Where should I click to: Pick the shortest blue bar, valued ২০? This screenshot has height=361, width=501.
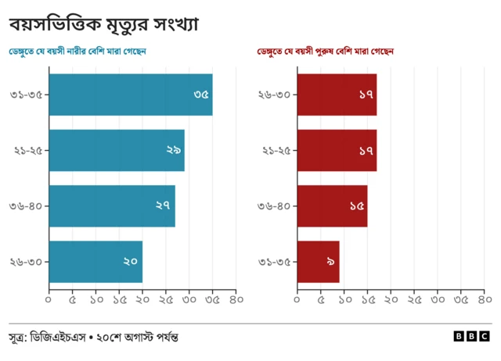click(x=95, y=262)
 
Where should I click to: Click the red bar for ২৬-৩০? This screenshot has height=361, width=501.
click(x=337, y=95)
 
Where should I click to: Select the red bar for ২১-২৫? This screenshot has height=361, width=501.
click(x=337, y=150)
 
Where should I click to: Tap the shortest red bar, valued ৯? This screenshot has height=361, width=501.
click(x=318, y=262)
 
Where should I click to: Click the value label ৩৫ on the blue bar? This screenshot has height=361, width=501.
click(x=201, y=95)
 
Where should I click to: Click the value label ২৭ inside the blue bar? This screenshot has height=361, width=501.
click(x=163, y=206)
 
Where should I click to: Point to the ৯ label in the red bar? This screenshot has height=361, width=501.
click(x=330, y=262)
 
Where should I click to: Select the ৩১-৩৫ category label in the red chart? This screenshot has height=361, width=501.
click(x=274, y=262)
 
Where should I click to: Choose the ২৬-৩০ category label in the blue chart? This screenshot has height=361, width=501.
click(x=26, y=262)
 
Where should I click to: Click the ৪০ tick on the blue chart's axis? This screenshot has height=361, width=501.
click(x=236, y=299)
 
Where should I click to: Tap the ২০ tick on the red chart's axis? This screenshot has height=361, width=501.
click(x=391, y=299)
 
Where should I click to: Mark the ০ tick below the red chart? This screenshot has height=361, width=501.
click(x=297, y=299)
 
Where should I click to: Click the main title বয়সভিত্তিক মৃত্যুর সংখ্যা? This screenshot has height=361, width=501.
click(x=103, y=23)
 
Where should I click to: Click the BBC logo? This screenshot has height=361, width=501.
click(x=471, y=336)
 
